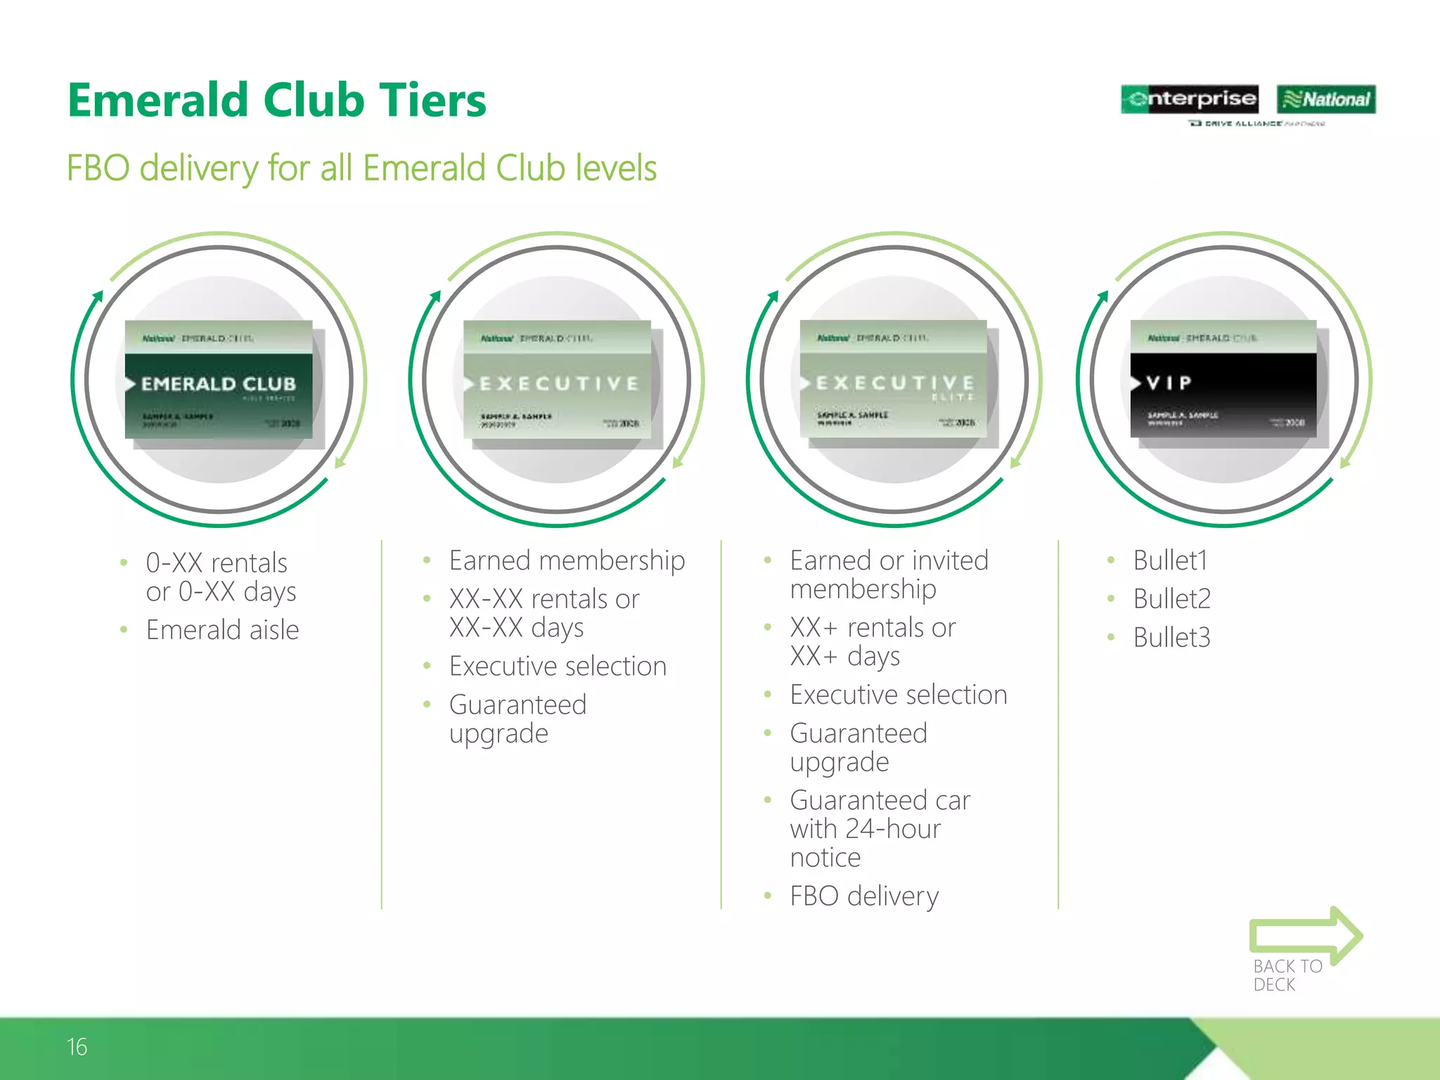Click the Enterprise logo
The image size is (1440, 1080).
[x=1189, y=99]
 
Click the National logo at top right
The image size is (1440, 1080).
[x=1326, y=99]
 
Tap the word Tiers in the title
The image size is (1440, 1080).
[x=432, y=100]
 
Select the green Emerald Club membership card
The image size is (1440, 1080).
[x=219, y=380]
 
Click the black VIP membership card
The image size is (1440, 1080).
[x=1223, y=380]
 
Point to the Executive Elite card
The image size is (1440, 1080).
[x=893, y=380]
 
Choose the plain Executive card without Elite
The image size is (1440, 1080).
[x=557, y=380]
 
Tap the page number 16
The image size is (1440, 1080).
[x=77, y=1047]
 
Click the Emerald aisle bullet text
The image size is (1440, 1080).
[x=222, y=630]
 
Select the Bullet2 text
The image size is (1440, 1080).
[x=1171, y=599]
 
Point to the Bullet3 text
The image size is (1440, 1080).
[x=1171, y=638]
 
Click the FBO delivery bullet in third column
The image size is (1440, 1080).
[x=864, y=896]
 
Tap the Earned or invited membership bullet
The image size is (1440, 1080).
[x=889, y=574]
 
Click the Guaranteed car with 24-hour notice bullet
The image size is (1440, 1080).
[x=879, y=828]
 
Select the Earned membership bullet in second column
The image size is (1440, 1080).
[x=567, y=561]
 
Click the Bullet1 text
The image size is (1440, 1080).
[x=1170, y=561]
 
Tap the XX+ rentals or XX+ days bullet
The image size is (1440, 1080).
[x=872, y=641]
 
